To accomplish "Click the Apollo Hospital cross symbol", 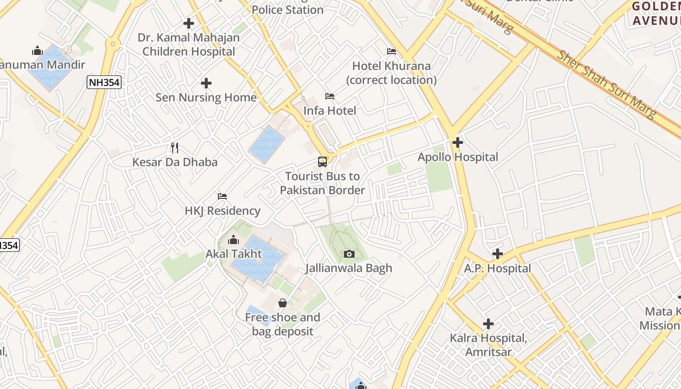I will coord(457,142).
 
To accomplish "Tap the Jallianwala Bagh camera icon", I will coord(349,254).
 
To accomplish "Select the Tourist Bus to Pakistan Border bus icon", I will coord(322,162).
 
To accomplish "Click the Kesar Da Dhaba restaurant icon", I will coord(175,148).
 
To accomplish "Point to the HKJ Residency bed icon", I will coord(222,196).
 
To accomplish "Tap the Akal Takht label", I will coord(233,254).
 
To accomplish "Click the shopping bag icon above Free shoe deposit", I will coord(282,303).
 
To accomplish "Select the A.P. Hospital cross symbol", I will coord(497,254).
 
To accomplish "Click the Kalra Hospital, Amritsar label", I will coord(488,345).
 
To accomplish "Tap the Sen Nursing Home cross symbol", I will coord(206,83).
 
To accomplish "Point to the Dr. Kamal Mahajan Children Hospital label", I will coord(189,44).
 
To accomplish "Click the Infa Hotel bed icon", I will coord(330,96).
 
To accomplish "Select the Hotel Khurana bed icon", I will coord(392,52).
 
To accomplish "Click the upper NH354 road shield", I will coord(104,82).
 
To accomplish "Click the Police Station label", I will coord(287,10).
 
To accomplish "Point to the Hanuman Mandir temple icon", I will coord(37,51).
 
